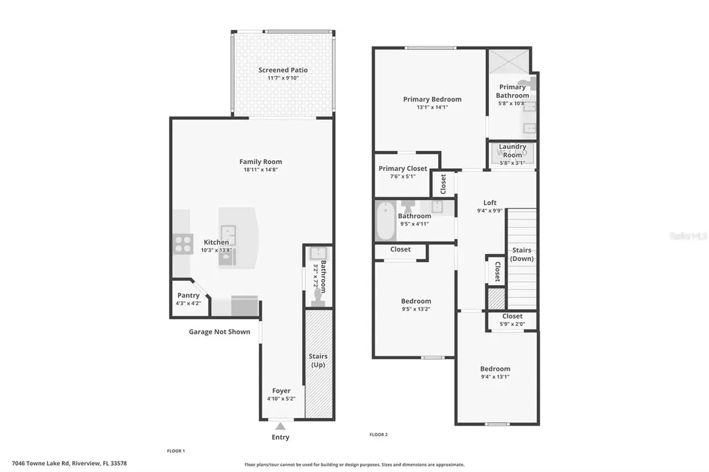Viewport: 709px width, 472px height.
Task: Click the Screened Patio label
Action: tap(282, 70)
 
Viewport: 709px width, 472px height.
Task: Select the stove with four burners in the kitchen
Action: tap(183, 244)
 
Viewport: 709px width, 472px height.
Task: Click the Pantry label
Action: tap(188, 296)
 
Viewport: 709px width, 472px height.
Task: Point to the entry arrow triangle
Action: tap(280, 426)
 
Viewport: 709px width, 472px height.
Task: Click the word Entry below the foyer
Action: tap(280, 437)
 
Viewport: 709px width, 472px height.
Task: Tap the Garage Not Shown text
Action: tap(219, 332)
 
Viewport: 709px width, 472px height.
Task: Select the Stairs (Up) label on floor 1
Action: tap(318, 361)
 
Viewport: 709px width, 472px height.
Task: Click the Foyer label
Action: tap(281, 390)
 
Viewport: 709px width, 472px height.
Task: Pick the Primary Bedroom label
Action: tap(432, 99)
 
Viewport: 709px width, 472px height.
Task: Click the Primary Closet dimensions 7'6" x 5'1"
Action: tap(402, 176)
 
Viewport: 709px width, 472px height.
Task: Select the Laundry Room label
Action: tap(512, 150)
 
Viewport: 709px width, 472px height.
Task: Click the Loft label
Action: tap(490, 203)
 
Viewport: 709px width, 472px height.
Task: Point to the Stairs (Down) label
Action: tap(521, 254)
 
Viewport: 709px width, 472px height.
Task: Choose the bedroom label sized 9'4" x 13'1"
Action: tap(495, 369)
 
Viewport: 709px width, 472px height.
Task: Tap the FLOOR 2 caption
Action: tap(379, 435)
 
